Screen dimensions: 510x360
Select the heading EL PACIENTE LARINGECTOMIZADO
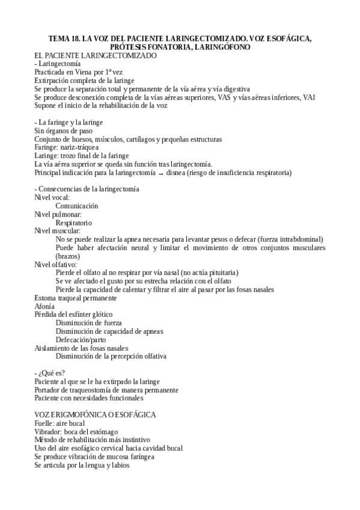tap(96, 55)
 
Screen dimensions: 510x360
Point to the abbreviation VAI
tap(308, 97)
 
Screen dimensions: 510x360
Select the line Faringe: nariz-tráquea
tap(67, 147)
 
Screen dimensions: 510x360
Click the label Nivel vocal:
tap(52, 197)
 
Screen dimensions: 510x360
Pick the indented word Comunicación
tap(77, 206)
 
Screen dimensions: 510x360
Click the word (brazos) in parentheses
tap(69, 256)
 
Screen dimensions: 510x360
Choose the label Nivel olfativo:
tap(55, 264)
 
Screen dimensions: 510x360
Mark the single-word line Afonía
tap(46, 306)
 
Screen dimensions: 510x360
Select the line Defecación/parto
tap(81, 339)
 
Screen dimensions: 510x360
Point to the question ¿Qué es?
tap(51, 373)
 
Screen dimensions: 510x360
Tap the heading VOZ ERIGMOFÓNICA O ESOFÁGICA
tap(96, 415)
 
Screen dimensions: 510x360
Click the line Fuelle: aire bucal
tap(59, 423)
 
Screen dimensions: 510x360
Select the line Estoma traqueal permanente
tap(75, 298)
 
